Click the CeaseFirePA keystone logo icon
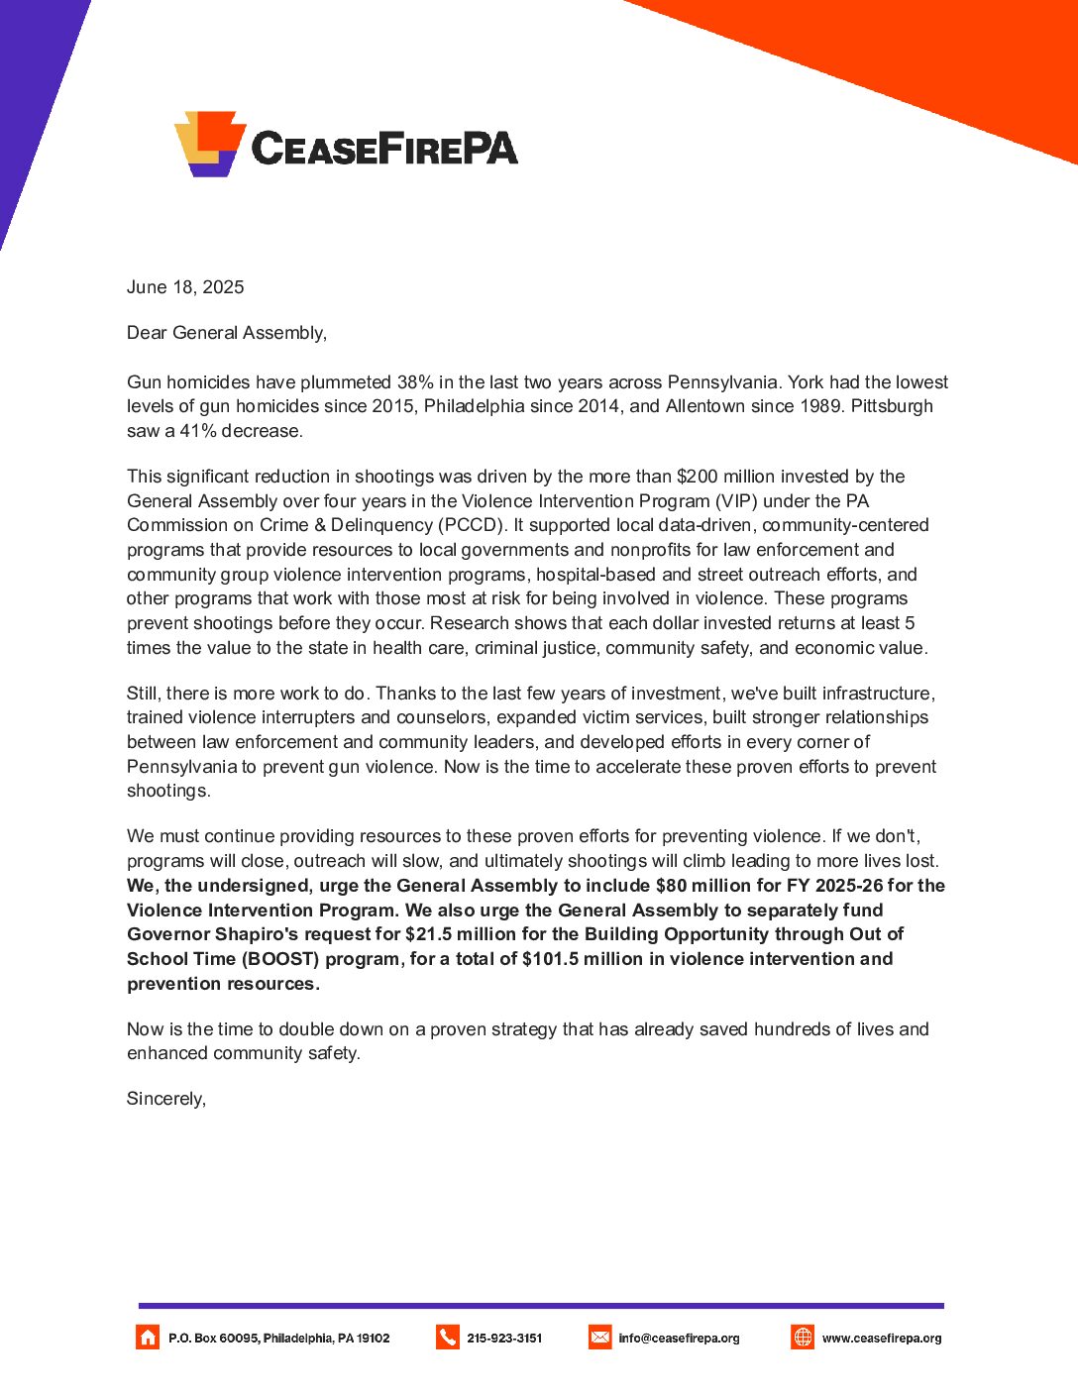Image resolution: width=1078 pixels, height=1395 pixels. (x=210, y=144)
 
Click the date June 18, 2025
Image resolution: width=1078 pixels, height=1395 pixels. (x=185, y=287)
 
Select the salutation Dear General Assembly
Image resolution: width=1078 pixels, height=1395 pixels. (x=226, y=333)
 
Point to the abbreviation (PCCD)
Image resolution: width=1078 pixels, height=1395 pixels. (x=472, y=525)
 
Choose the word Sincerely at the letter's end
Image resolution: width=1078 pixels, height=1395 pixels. (x=165, y=1099)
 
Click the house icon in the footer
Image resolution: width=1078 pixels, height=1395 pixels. (x=148, y=1338)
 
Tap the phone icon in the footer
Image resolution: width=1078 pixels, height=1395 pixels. (x=448, y=1338)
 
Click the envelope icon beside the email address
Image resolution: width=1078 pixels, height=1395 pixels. (x=600, y=1338)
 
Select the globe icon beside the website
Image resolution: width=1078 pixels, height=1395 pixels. (x=803, y=1338)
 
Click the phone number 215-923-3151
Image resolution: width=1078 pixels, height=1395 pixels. (x=504, y=1339)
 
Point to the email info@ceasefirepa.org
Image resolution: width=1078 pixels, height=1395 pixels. (x=679, y=1339)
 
